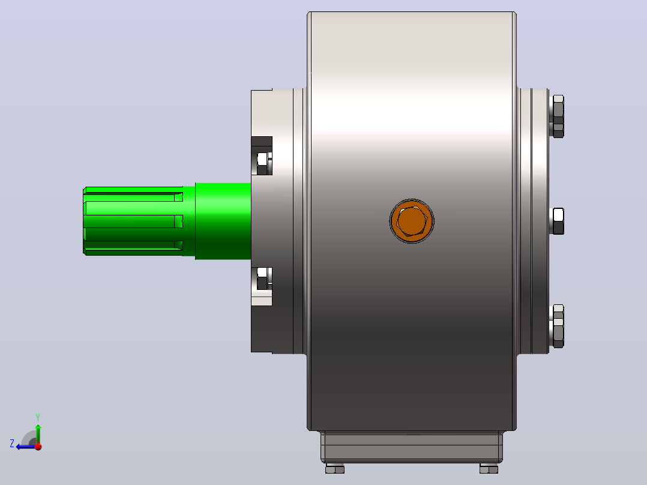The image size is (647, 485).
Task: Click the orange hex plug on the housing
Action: pyautogui.click(x=412, y=221)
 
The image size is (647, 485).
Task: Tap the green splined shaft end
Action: pyautogui.click(x=133, y=221)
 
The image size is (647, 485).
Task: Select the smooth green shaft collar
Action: pyautogui.click(x=223, y=221)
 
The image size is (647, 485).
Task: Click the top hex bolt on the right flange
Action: pyautogui.click(x=558, y=116)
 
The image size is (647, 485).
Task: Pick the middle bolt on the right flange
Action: pyautogui.click(x=558, y=221)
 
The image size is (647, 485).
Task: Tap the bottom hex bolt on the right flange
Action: pyautogui.click(x=558, y=326)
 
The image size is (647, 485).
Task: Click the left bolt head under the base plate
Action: pyautogui.click(x=335, y=468)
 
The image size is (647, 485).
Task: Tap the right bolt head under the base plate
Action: pyautogui.click(x=489, y=468)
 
